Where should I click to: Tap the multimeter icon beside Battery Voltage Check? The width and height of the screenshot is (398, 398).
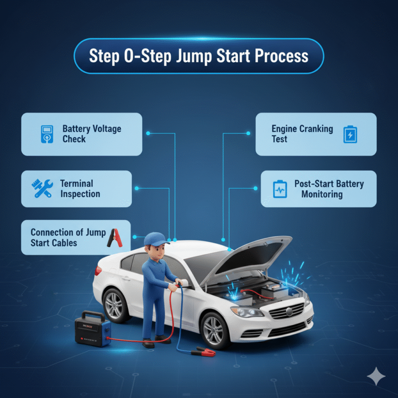click(x=46, y=134)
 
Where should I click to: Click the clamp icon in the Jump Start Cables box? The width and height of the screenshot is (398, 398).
click(x=114, y=237)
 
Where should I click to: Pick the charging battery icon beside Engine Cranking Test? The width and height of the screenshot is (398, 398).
click(x=350, y=134)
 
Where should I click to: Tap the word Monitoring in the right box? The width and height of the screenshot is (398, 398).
click(x=321, y=194)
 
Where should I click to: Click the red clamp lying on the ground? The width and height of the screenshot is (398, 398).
click(x=203, y=352)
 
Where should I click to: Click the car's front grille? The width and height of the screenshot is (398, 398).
click(x=287, y=313)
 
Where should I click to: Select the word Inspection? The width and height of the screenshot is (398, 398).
click(x=80, y=194)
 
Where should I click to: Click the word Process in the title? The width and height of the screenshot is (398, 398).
click(x=282, y=56)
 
